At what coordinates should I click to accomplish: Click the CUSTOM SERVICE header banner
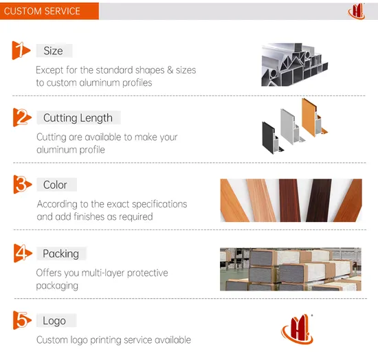(49, 11)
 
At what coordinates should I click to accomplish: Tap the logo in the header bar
(356, 11)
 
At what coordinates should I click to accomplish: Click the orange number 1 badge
(21, 50)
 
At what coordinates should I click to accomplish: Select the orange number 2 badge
(22, 117)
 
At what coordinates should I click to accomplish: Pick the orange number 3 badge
(23, 184)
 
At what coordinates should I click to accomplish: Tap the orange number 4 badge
(23, 253)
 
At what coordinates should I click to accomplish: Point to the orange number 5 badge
(22, 320)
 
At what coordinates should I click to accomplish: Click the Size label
(54, 51)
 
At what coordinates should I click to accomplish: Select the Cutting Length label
(78, 117)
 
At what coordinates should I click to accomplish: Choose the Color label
(56, 185)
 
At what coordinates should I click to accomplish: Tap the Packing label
(61, 254)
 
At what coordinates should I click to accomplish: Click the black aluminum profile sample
(272, 137)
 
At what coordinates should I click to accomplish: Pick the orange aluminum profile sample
(313, 118)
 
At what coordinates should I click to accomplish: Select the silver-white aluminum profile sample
(291, 126)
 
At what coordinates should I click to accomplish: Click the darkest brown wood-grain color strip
(319, 200)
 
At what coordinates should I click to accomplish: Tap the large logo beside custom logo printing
(297, 329)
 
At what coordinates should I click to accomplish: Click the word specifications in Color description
(159, 204)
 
